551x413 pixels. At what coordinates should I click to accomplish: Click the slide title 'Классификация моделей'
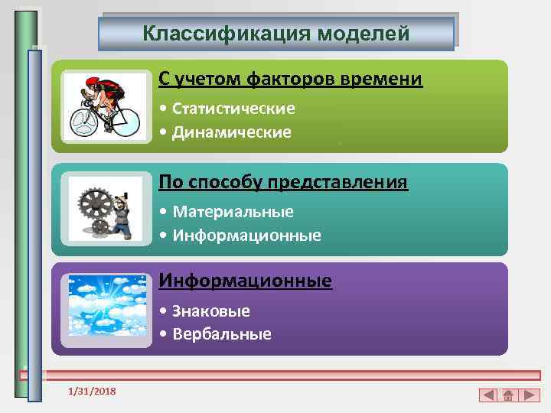click(x=276, y=34)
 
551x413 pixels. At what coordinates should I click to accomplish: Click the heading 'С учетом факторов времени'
click(x=291, y=80)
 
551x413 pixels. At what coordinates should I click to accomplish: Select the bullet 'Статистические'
click(x=233, y=109)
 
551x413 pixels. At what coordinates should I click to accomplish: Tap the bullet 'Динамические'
click(x=232, y=132)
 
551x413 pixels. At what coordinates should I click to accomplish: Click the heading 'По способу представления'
click(x=283, y=183)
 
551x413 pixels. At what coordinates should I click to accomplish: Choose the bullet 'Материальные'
click(x=233, y=211)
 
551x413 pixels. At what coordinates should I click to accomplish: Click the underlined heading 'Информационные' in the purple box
click(x=246, y=281)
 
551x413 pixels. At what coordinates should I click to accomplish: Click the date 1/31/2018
click(x=92, y=391)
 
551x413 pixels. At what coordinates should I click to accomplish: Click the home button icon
click(x=509, y=395)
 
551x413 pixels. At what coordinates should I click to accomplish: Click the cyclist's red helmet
click(x=93, y=80)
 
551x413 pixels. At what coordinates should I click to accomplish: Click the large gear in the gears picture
click(x=96, y=203)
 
